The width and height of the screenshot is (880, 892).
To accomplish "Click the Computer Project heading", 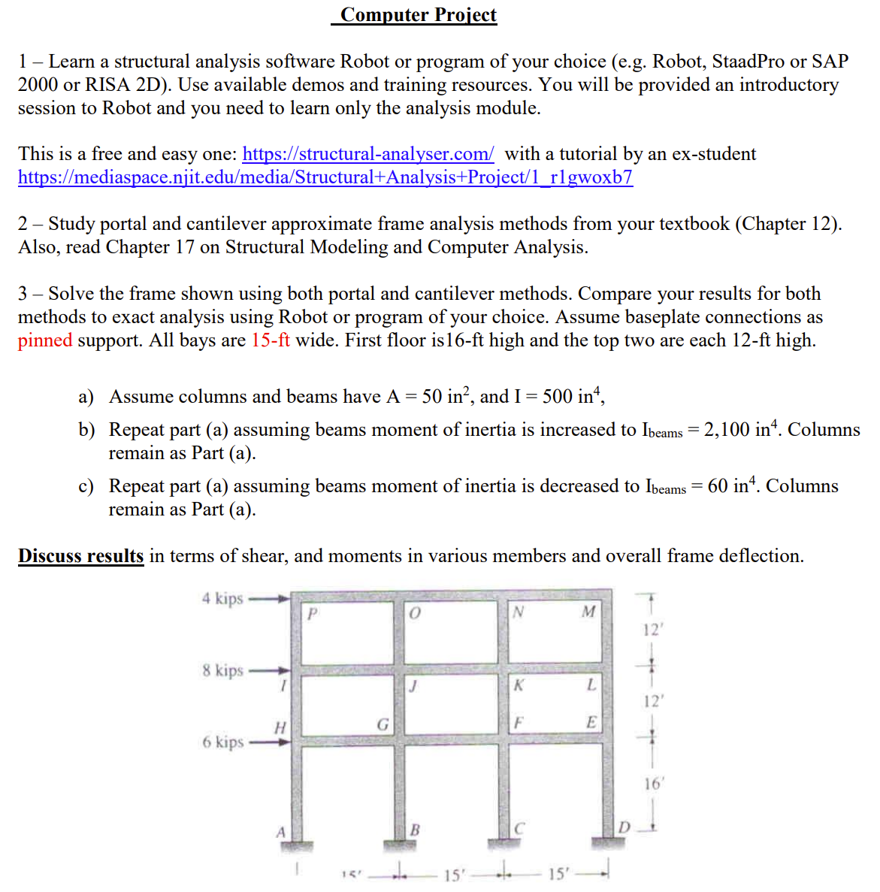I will point(418,15).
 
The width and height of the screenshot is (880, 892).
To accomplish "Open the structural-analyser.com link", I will point(368,154).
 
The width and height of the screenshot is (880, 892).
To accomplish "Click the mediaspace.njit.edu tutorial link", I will point(325,177).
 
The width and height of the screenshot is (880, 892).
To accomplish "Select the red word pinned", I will point(45,340).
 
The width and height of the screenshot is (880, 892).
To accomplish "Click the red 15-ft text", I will point(271,340).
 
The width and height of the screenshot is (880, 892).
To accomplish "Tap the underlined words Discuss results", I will point(81,556).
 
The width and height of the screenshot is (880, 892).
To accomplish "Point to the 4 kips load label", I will point(222,599).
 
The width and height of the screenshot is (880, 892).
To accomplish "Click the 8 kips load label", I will point(222,670).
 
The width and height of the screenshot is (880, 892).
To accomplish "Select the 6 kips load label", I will point(222,742).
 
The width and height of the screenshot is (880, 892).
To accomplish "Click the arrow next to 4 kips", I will point(269,599).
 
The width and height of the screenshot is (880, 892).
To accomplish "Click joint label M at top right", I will point(588,612).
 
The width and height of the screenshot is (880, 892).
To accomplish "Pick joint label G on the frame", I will point(383,725).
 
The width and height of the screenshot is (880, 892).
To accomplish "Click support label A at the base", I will point(280,832).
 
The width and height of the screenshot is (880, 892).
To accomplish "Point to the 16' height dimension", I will point(653,784).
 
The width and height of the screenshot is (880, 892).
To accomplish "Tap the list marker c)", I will point(86,486).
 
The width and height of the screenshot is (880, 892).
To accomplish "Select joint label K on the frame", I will point(519,685).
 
